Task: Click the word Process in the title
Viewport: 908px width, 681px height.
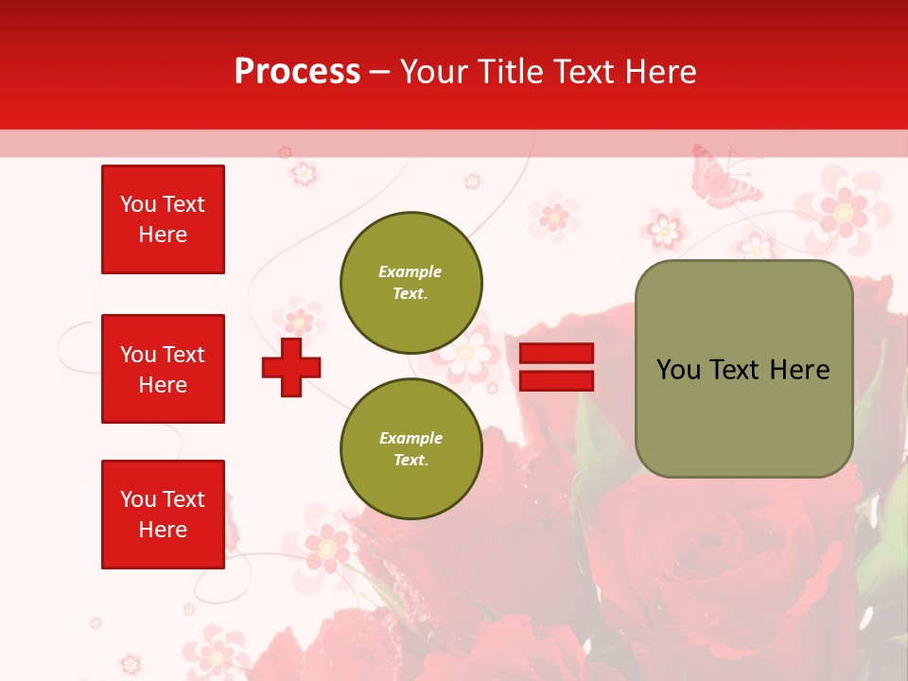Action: [x=297, y=72]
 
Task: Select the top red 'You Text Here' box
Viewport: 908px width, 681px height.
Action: [x=163, y=219]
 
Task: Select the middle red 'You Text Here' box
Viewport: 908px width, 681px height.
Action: [x=163, y=369]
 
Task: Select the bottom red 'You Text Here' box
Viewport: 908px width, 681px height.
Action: [x=163, y=515]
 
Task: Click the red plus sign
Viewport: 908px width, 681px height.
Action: [x=291, y=367]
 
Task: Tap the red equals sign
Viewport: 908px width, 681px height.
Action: [x=556, y=367]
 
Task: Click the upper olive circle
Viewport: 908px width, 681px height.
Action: [x=411, y=283]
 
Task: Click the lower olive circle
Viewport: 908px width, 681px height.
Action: [x=411, y=449]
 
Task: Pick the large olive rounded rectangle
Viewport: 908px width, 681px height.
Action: [x=743, y=369]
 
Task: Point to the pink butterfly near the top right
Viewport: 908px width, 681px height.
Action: [x=724, y=177]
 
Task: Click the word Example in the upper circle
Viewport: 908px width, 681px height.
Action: [x=410, y=271]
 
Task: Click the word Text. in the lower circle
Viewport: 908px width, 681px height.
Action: [x=410, y=461]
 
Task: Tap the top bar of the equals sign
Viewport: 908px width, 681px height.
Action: [x=556, y=354]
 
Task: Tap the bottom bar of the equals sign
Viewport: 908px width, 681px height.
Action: [x=556, y=380]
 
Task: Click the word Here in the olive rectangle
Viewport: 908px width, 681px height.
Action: [x=799, y=370]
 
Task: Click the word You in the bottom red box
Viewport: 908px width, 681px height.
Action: [x=138, y=499]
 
